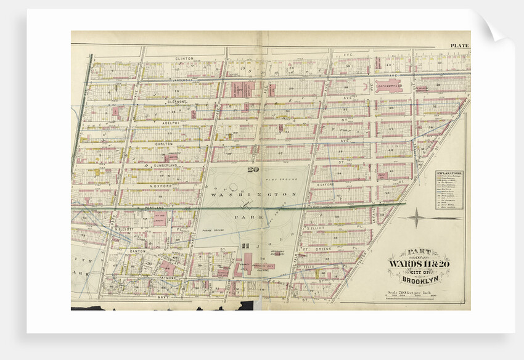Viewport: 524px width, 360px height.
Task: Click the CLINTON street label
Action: pos(184,59)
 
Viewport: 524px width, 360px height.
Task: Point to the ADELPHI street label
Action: pos(170,123)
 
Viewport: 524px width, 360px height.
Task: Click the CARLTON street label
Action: pos(163,144)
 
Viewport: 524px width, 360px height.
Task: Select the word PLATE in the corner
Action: pos(459,46)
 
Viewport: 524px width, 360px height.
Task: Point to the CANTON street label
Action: pos(136,251)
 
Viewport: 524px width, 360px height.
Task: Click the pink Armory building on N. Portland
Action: pos(160,219)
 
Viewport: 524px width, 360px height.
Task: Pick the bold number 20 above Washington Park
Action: pos(253,170)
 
